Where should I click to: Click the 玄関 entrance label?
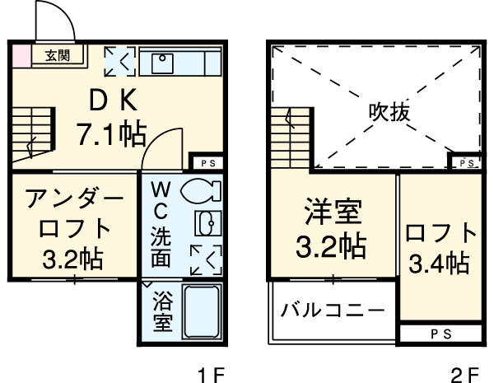click(57, 56)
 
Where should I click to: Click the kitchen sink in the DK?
click(164, 61)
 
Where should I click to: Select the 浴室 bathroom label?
click(161, 311)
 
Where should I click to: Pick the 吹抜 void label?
click(389, 110)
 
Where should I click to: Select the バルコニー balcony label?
click(332, 311)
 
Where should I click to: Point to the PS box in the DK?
click(207, 161)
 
